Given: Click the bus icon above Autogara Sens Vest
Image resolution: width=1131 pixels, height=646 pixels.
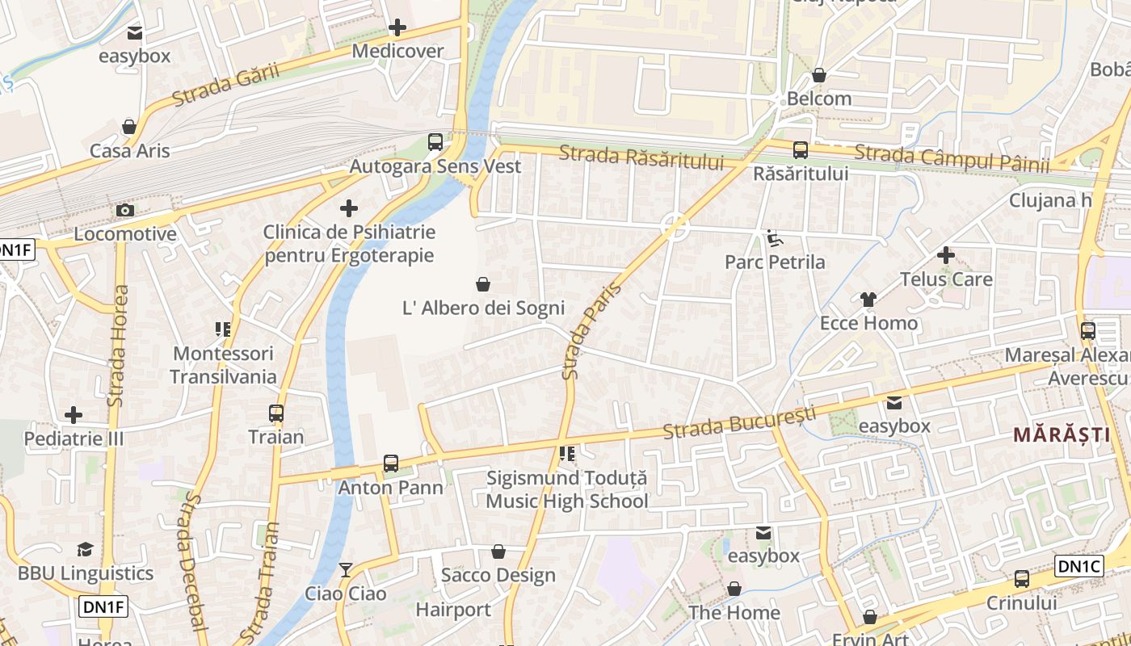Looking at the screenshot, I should (x=435, y=142).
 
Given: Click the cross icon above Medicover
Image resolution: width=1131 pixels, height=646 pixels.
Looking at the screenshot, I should (x=397, y=28).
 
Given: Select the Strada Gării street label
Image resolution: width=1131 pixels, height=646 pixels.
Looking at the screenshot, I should (x=225, y=84).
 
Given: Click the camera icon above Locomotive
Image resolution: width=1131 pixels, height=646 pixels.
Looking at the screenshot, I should (x=124, y=211).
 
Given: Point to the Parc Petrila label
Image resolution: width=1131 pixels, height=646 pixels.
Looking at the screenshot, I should (x=775, y=262).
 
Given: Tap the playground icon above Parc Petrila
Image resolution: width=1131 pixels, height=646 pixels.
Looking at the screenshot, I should (x=774, y=237).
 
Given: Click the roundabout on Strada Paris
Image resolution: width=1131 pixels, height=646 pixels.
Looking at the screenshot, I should (x=675, y=227).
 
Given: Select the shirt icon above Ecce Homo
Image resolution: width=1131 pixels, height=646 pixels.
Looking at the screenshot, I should (x=868, y=300).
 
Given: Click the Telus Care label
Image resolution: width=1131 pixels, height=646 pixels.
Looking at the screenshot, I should (x=946, y=279).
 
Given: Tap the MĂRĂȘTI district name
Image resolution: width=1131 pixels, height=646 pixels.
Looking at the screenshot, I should (x=1062, y=434).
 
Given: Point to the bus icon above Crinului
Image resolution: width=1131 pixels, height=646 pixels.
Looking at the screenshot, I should (x=1021, y=579).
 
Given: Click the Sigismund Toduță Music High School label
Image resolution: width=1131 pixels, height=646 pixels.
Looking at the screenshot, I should (x=567, y=489).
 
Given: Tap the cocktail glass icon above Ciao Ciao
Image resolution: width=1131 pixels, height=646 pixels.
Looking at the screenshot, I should (x=346, y=570).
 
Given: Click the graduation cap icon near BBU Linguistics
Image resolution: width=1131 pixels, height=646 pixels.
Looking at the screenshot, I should (x=85, y=550).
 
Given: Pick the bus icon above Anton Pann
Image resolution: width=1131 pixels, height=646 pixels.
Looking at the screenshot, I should (x=391, y=464).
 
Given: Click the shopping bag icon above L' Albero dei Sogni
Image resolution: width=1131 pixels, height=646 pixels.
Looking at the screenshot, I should (x=483, y=284).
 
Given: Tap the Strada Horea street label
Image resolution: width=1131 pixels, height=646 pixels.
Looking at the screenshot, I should (x=118, y=346).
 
